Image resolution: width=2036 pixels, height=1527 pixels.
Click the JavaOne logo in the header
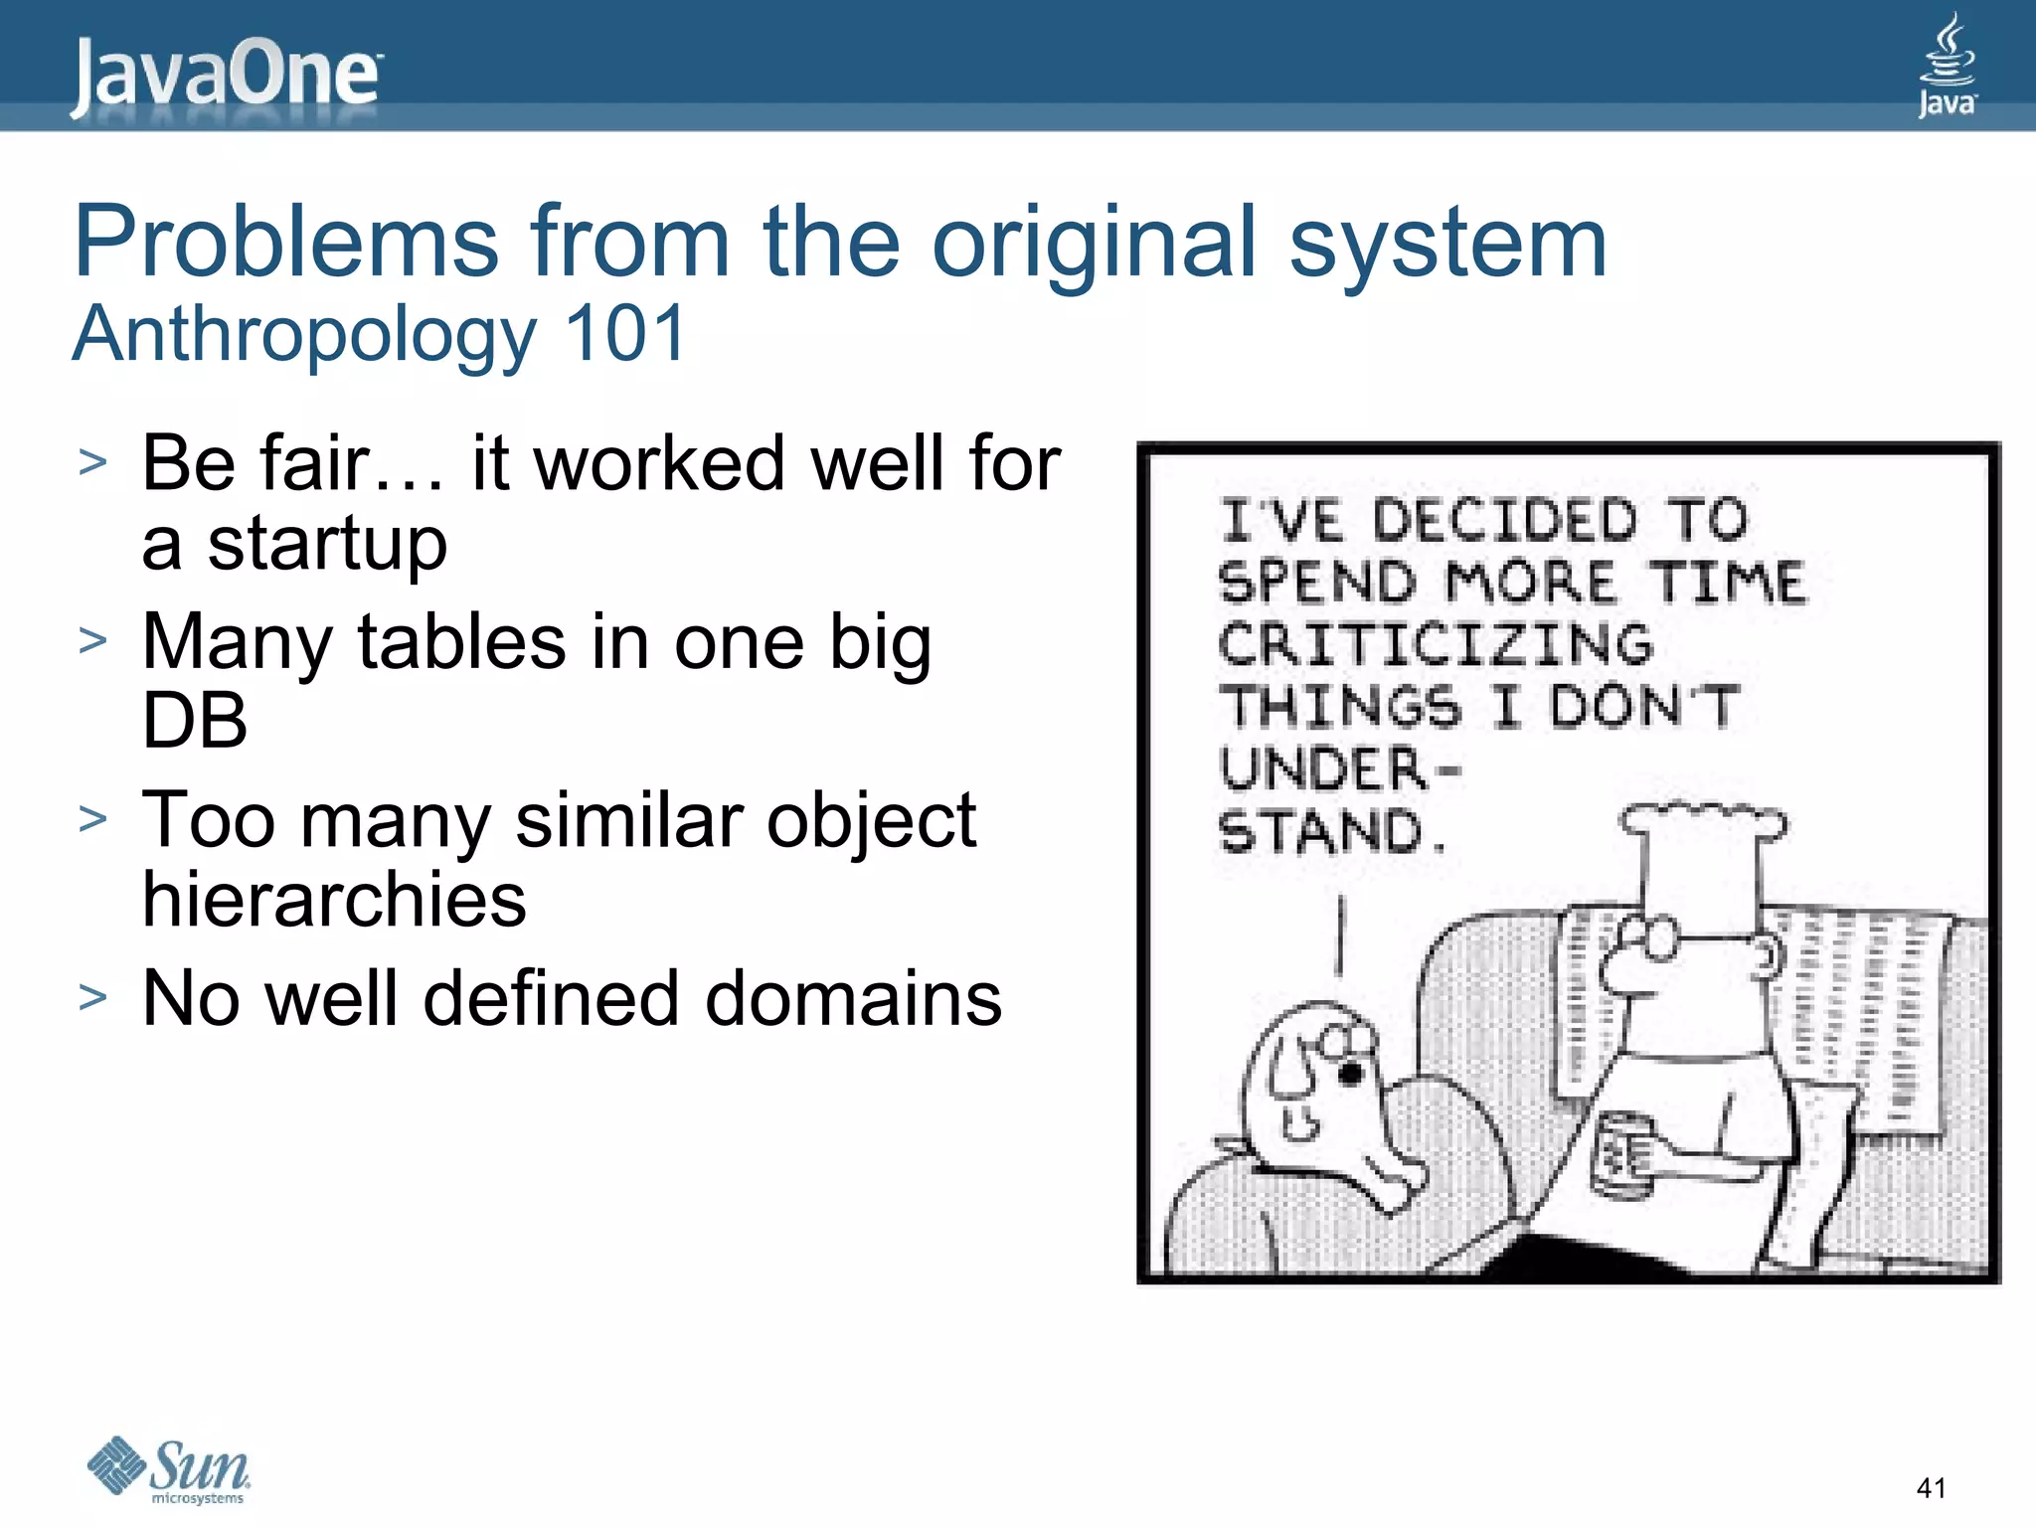click(225, 76)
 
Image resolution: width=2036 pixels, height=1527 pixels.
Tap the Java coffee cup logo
click(1947, 66)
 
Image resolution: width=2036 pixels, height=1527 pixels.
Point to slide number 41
click(1931, 1488)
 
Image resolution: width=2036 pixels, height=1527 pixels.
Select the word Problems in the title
click(285, 242)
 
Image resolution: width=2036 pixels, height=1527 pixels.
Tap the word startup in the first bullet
click(327, 544)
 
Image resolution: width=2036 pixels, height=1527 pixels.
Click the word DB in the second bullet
click(194, 720)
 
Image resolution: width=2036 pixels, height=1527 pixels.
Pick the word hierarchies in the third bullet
click(334, 899)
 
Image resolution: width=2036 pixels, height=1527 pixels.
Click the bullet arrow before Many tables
click(92, 641)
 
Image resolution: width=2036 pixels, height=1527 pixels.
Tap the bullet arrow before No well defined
click(92, 997)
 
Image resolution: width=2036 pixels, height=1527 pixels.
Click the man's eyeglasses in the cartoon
click(1645, 936)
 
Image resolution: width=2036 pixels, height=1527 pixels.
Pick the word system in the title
click(1447, 242)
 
